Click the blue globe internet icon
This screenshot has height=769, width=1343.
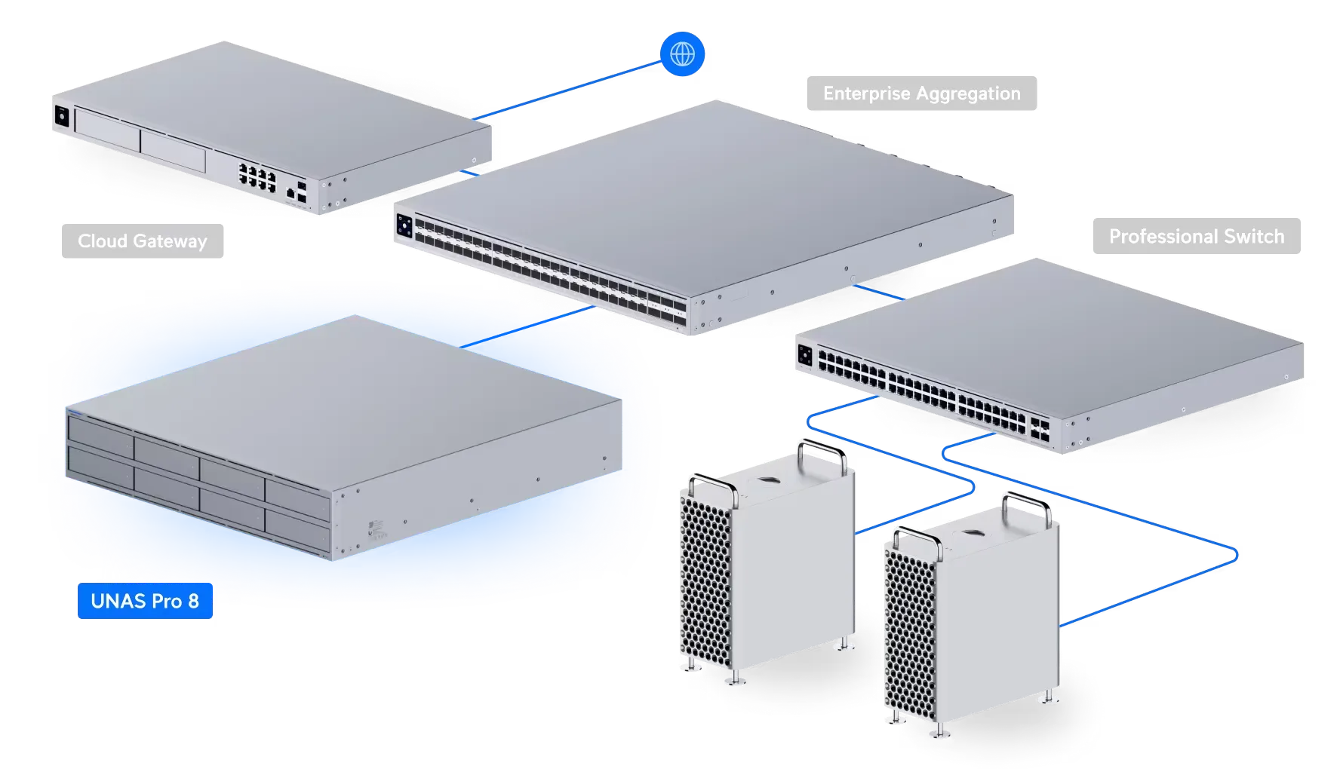682,54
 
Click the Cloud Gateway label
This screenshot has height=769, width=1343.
143,241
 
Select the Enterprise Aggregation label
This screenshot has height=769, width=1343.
921,93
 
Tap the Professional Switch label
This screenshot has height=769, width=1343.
1196,237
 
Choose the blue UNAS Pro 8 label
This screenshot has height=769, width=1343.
144,601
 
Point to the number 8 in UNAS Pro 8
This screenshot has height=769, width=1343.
193,601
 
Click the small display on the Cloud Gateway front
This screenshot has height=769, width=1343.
60,118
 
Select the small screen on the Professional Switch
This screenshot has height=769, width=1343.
804,355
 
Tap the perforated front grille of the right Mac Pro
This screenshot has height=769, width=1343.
909,633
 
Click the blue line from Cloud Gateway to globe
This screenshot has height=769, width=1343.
566,90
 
